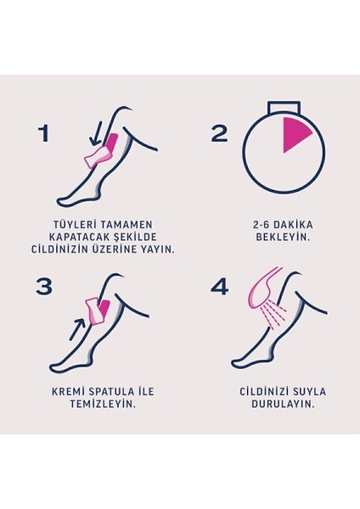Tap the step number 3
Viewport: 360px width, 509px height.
(44, 286)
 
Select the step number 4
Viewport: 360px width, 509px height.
(219, 287)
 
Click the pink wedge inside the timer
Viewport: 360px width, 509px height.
(294, 134)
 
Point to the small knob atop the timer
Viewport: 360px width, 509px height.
(283, 107)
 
